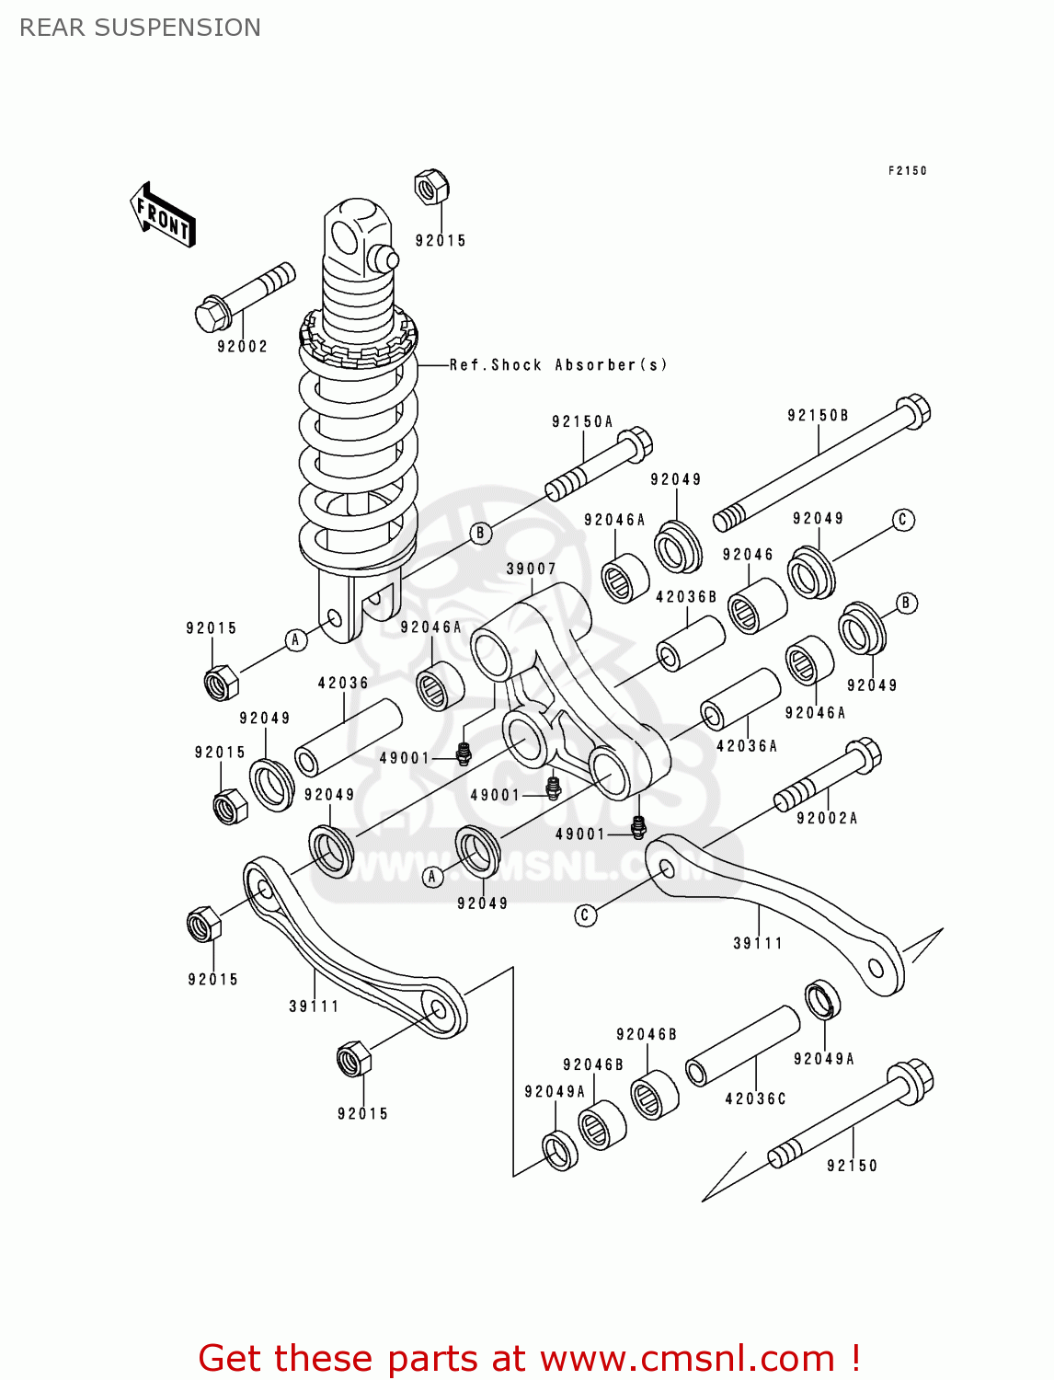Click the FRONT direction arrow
point(163,215)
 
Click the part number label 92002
point(242,347)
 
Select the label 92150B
point(818,416)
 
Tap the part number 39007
point(531,569)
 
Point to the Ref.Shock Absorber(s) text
point(558,365)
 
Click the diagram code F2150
point(907,171)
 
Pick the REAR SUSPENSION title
point(140,28)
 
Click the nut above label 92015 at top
point(430,187)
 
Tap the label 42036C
point(755,1099)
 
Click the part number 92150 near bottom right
point(852,1166)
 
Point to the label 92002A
point(827,819)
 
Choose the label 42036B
point(686,597)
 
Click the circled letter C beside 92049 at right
point(902,520)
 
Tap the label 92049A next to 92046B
point(555,1092)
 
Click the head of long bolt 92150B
point(912,410)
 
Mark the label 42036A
point(747,746)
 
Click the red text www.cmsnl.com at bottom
point(686,1359)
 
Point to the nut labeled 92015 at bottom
point(354,1059)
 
